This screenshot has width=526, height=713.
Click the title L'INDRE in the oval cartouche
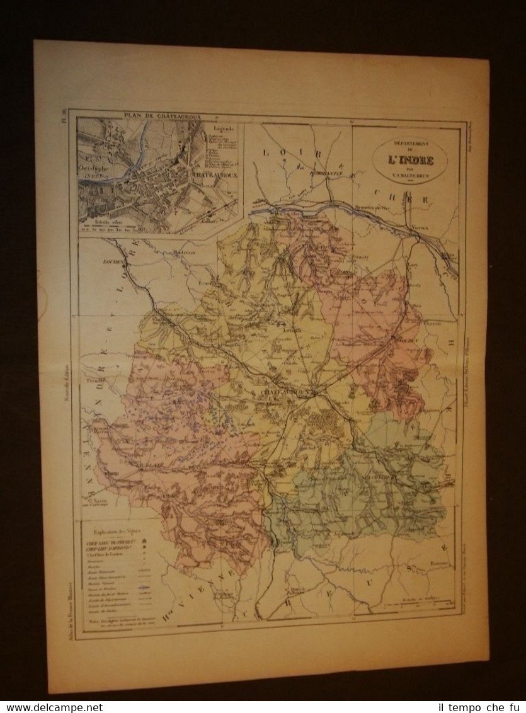(411, 161)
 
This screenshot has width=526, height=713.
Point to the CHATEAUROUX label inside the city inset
(214, 176)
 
